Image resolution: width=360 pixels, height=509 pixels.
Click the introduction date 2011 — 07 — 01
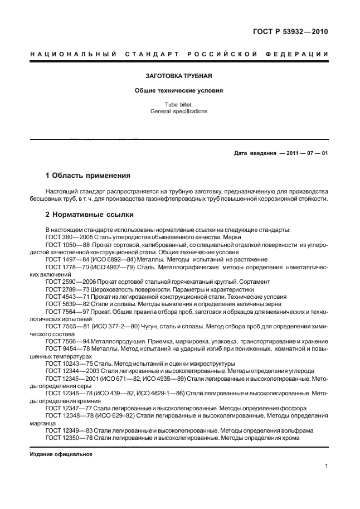304,153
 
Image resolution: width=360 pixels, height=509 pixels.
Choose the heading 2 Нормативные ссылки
89,214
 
